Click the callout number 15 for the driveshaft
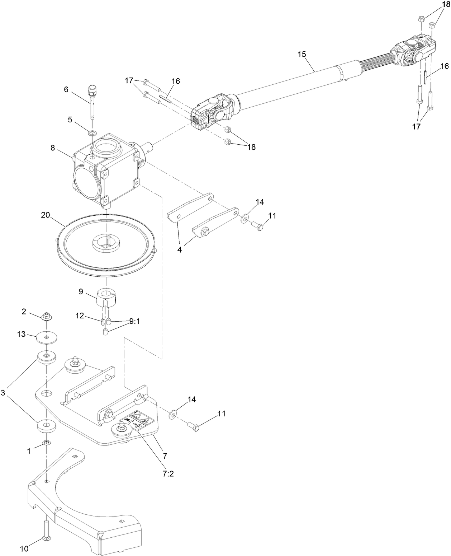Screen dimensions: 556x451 302,55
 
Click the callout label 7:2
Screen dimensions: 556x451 168,473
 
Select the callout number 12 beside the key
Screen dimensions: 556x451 80,316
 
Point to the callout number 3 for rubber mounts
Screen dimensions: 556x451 3,393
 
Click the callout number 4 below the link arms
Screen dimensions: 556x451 180,250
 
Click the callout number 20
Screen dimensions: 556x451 46,215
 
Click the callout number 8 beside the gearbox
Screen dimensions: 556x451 53,148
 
